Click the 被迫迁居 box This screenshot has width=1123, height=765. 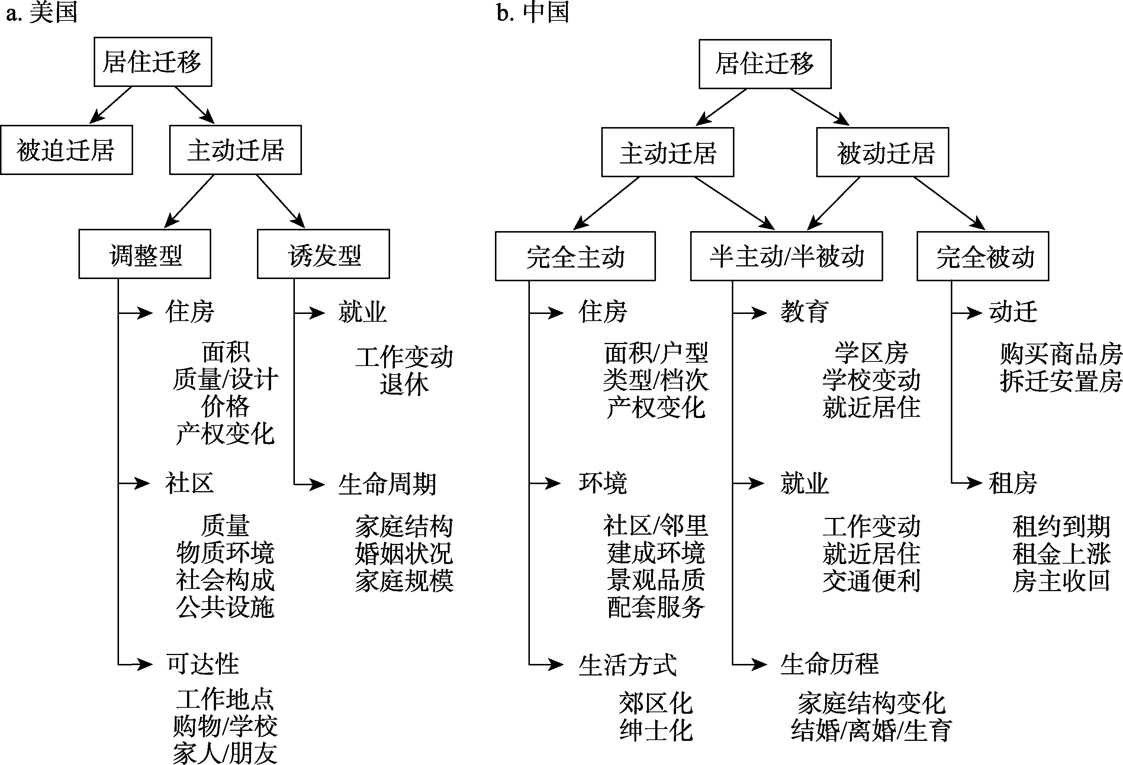(66, 150)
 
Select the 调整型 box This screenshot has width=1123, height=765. (145, 254)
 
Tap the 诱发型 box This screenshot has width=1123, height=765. (323, 254)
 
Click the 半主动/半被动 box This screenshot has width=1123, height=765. (786, 256)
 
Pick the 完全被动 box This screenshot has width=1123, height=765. (983, 256)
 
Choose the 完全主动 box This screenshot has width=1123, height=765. (575, 256)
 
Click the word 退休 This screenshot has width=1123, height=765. (404, 385)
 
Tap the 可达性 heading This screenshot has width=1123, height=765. (202, 664)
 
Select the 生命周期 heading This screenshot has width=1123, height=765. (387, 484)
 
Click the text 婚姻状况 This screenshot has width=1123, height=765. (404, 554)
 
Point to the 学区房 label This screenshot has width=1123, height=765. (871, 354)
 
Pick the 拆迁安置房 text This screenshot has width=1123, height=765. (1061, 382)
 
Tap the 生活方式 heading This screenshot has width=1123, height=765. (628, 665)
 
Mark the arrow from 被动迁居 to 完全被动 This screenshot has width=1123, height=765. (949, 203)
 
